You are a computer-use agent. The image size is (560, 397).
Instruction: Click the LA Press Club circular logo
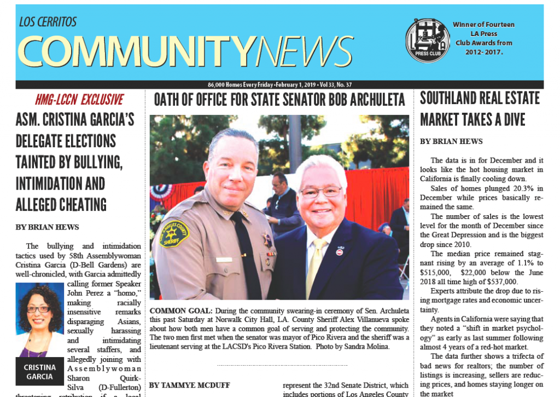tap(428, 40)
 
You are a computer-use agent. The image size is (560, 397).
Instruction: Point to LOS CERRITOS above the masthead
tap(48, 22)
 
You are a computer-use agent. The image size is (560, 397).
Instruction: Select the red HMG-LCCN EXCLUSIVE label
tap(79, 100)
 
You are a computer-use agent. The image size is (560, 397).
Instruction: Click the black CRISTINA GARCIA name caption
tap(40, 372)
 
